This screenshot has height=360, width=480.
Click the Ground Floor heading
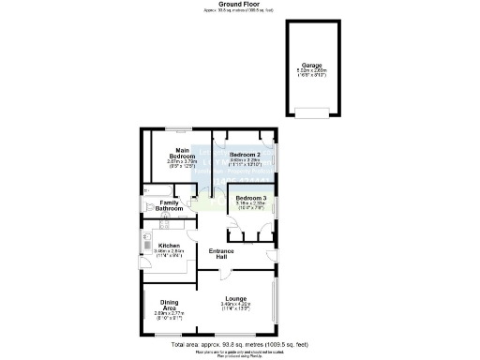pyautogui.click(x=239, y=4)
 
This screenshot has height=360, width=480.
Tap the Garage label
pyautogui.click(x=312, y=65)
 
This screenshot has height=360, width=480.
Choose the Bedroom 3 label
pyautogui.click(x=251, y=199)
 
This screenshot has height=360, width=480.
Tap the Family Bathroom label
pyautogui.click(x=170, y=205)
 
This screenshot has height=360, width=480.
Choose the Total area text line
pyautogui.click(x=239, y=344)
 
